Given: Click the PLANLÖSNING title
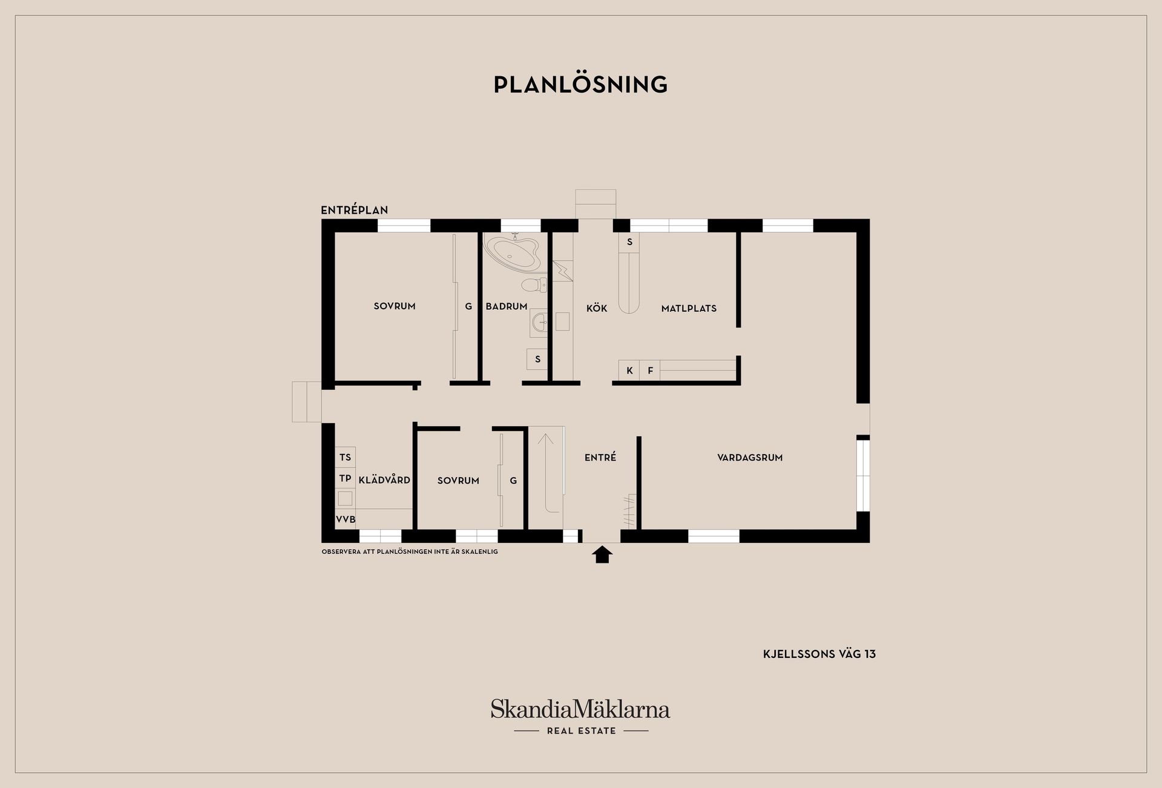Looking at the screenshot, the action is [580, 85].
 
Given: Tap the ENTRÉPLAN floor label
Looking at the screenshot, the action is [355, 210].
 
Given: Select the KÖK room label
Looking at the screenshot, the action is [597, 308].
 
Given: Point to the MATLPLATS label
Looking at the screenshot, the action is [689, 308].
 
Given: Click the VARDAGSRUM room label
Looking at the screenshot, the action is [750, 458].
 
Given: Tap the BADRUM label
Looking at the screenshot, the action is [507, 306].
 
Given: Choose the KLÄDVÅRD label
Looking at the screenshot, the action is [384, 480].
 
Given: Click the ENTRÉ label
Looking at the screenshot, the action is [600, 457].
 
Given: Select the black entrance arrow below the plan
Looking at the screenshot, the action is [602, 554].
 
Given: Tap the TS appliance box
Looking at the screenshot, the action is [346, 457].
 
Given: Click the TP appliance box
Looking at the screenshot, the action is [346, 478].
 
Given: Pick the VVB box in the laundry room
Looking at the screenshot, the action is [346, 519].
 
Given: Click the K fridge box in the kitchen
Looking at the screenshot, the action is [629, 370].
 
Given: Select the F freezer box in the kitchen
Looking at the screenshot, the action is [650, 370].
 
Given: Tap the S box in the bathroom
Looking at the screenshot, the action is [537, 360].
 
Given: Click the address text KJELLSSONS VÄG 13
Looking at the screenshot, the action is [819, 654].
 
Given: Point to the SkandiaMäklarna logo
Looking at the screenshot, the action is [580, 717].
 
